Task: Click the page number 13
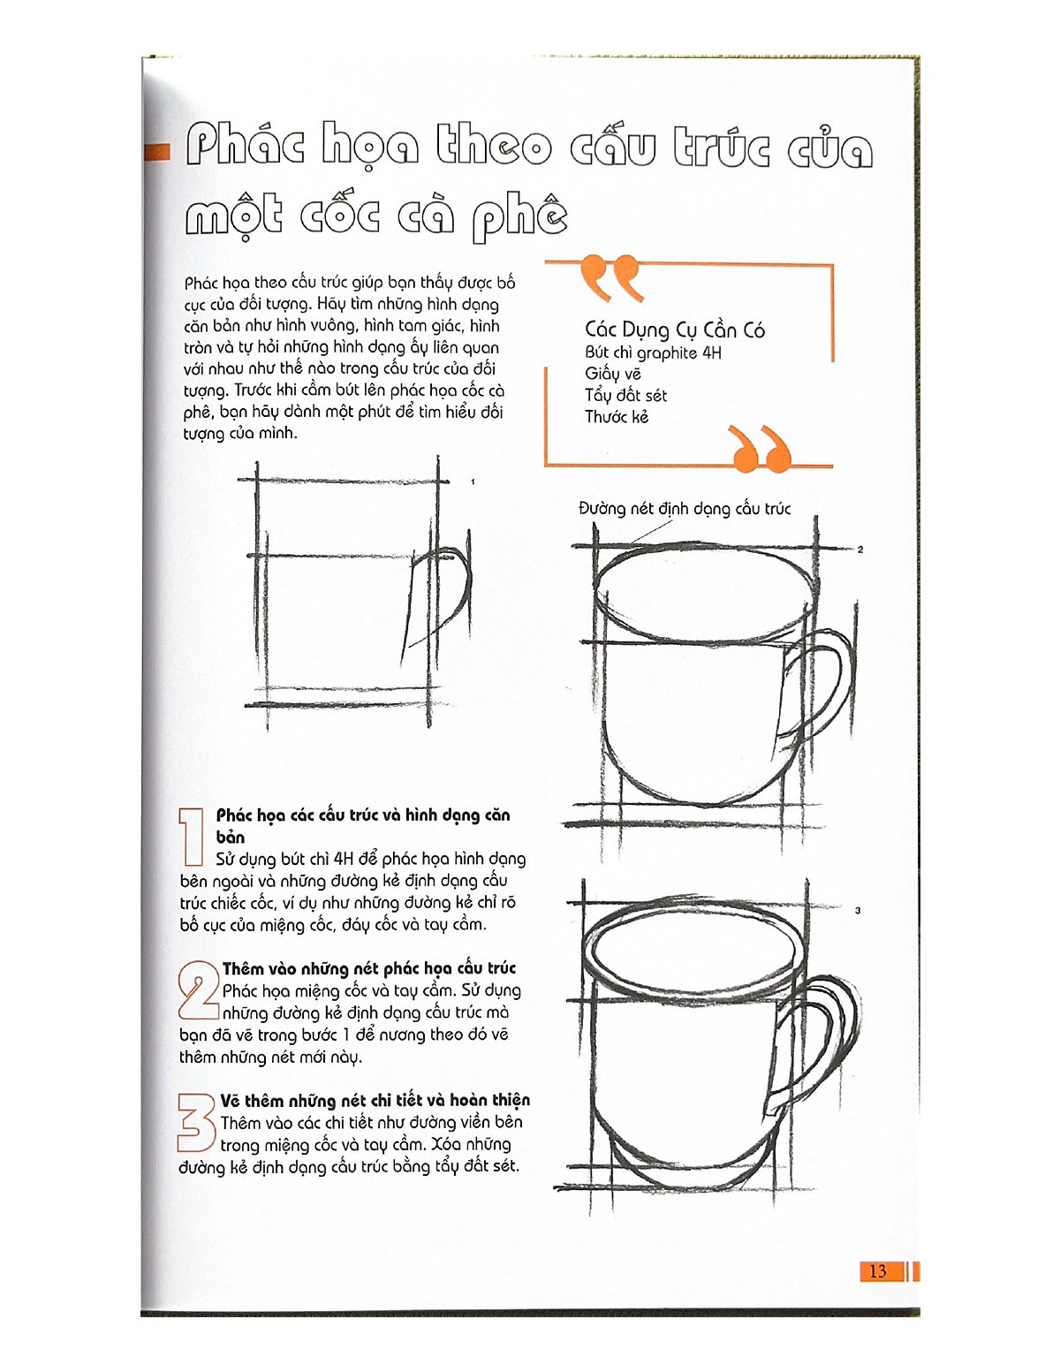pyautogui.click(x=877, y=1271)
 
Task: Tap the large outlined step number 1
pyautogui.click(x=192, y=837)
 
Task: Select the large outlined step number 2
pyautogui.click(x=198, y=991)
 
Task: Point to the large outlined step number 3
pyautogui.click(x=196, y=1122)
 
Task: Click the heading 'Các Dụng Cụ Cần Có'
pyautogui.click(x=674, y=330)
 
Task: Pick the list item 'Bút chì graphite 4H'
pyautogui.click(x=653, y=353)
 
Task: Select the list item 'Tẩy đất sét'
pyautogui.click(x=625, y=396)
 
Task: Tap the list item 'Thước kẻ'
pyautogui.click(x=617, y=417)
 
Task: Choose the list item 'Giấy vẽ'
pyautogui.click(x=613, y=375)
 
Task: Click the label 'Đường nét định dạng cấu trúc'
pyautogui.click(x=685, y=509)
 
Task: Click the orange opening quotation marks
pyautogui.click(x=610, y=277)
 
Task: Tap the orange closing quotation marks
pyautogui.click(x=761, y=449)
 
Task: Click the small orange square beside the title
pyautogui.click(x=157, y=152)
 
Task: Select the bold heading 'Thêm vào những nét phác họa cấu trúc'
pyautogui.click(x=368, y=969)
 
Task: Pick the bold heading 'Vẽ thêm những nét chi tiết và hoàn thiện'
pyautogui.click(x=375, y=1101)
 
